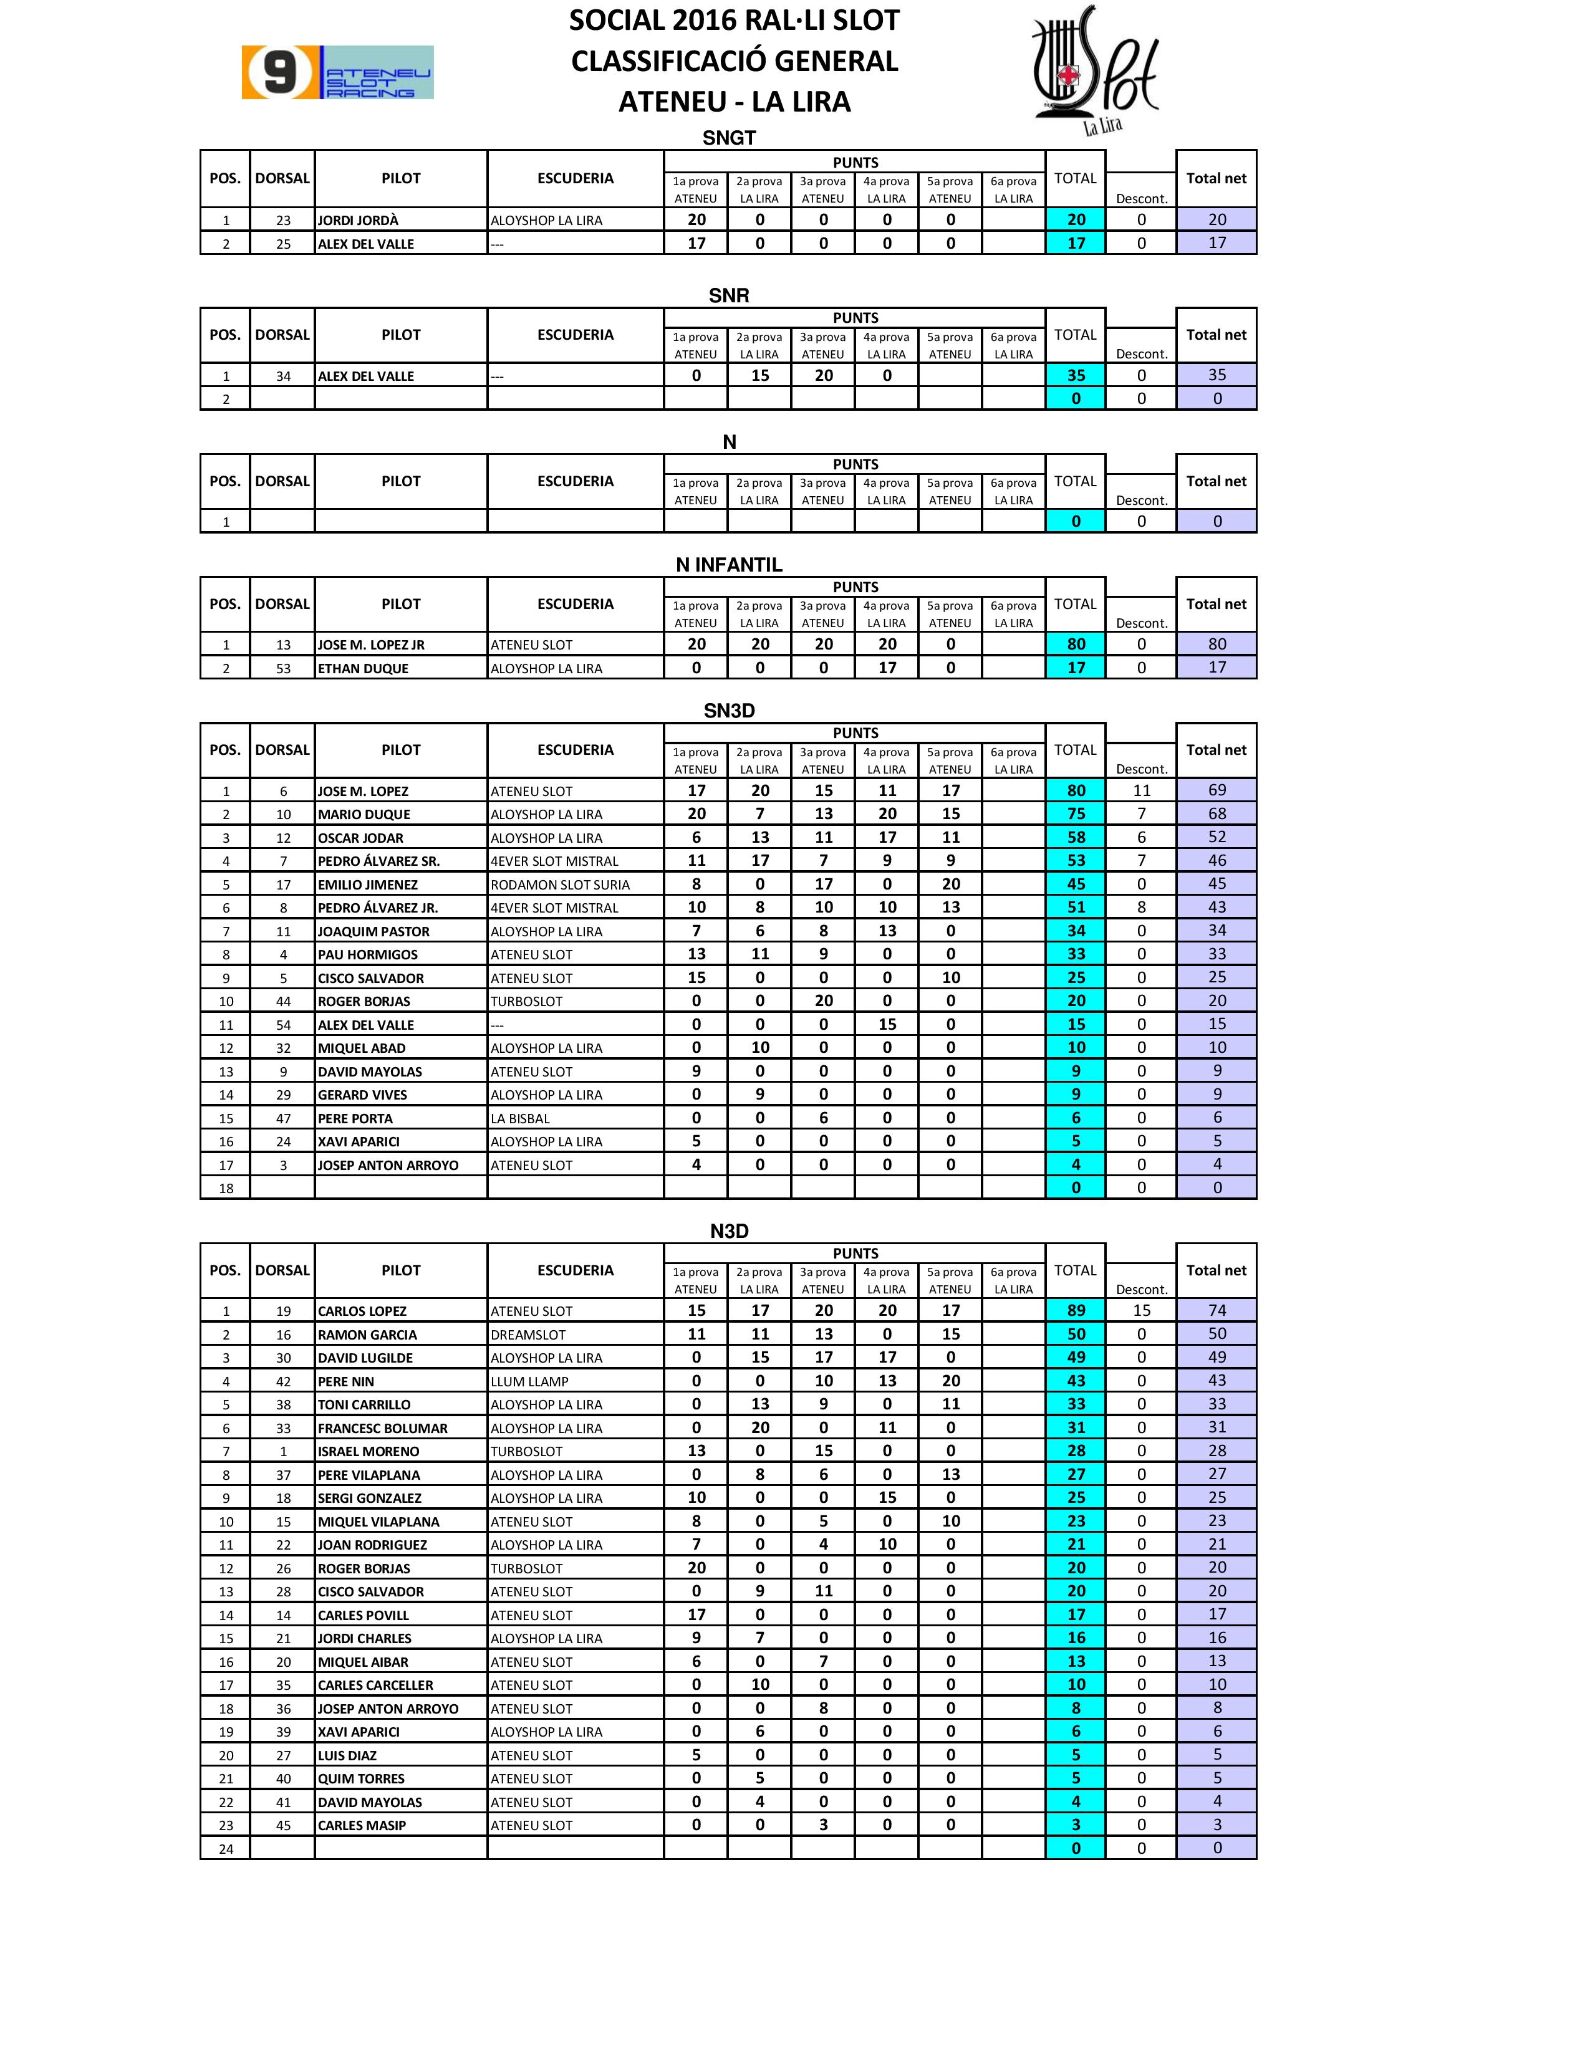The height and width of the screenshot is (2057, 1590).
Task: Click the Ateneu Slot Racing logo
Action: tap(337, 72)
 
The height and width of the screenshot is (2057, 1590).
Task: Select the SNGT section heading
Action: tap(728, 138)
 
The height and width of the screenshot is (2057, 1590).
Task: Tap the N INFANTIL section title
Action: tap(728, 565)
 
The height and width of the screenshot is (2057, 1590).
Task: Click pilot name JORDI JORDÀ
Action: tap(358, 221)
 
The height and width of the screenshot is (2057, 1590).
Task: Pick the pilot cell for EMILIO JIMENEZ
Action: tap(367, 885)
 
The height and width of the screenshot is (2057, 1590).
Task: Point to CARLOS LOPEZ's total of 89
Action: tap(1076, 1310)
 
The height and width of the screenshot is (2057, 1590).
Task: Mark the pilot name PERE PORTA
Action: tap(355, 1119)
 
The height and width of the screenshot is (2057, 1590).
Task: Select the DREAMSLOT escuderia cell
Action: tap(528, 1335)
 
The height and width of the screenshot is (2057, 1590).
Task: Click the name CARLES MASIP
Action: tap(362, 1825)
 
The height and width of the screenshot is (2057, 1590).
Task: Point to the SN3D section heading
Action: tap(728, 711)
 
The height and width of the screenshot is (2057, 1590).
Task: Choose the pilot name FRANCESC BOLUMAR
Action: tap(382, 1428)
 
